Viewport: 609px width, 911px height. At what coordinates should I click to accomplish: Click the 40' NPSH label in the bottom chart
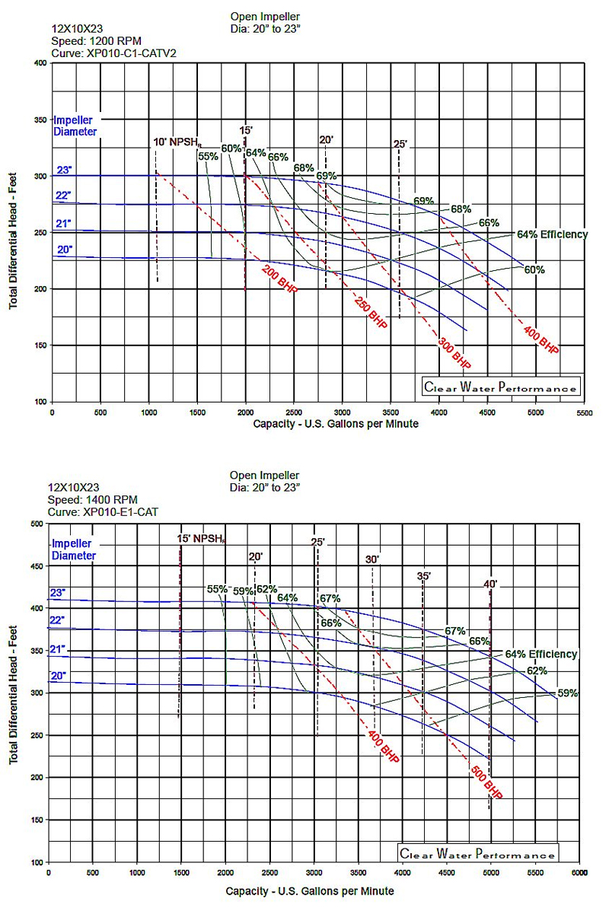(490, 584)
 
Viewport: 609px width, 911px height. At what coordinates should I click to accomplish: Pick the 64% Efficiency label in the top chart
(552, 234)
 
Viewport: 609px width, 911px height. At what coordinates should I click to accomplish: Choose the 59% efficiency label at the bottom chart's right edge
(568, 693)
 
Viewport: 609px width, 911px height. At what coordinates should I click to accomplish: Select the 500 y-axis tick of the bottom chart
(36, 524)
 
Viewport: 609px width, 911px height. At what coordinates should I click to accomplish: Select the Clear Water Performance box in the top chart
(500, 387)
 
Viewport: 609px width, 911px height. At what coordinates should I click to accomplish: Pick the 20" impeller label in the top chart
(63, 249)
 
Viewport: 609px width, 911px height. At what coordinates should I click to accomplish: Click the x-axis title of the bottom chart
(310, 890)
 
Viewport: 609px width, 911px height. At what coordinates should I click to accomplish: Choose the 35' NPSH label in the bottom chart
(424, 576)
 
